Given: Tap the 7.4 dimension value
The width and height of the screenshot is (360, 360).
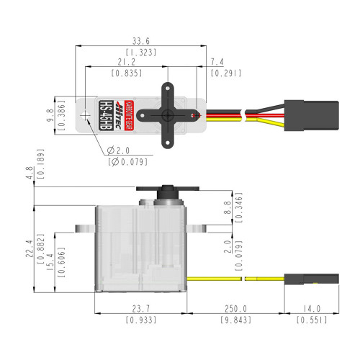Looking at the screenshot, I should [x=217, y=61].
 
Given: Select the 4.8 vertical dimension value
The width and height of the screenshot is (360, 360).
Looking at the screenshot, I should [x=29, y=174].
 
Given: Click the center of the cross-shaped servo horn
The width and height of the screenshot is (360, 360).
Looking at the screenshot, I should [x=166, y=114].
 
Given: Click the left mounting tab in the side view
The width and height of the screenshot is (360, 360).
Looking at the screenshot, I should [x=84, y=229].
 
